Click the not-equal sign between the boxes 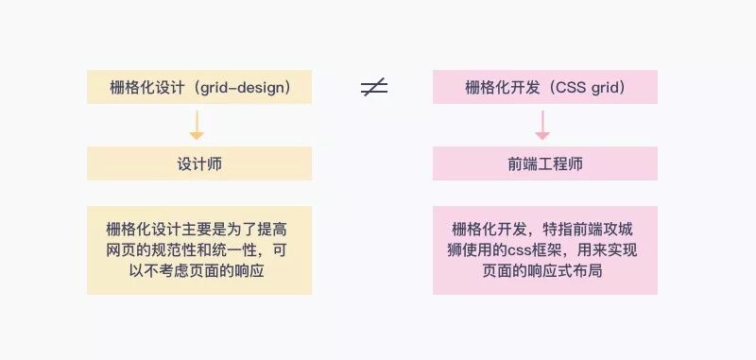click(374, 88)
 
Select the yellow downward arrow click(197, 126)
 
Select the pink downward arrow click(542, 126)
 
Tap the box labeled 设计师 click(199, 163)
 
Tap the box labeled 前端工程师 click(545, 163)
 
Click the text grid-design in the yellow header click(249, 88)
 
